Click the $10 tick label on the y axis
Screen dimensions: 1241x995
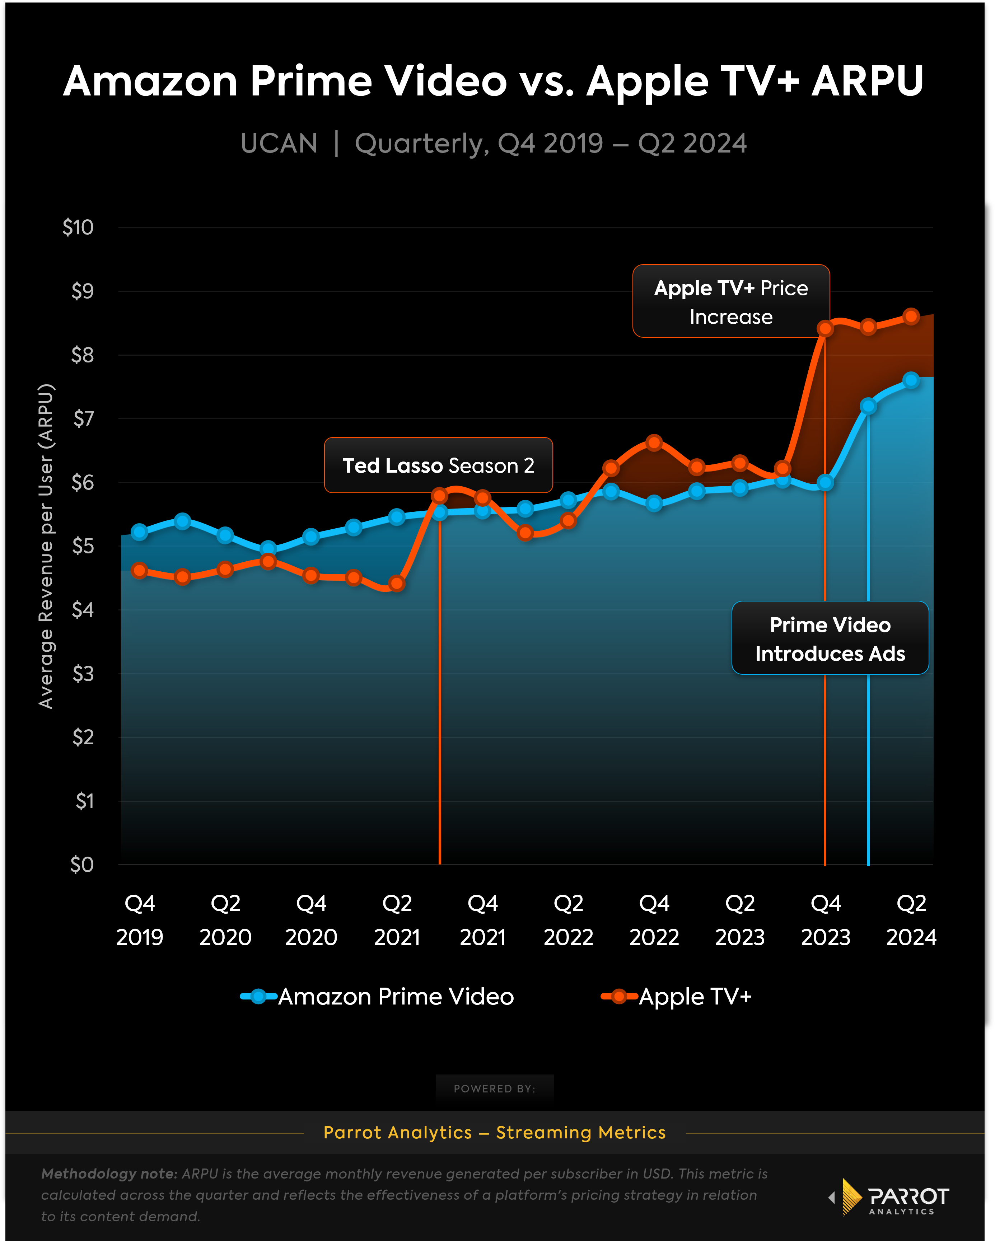pos(78,228)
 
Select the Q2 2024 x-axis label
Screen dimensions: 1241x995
pos(911,920)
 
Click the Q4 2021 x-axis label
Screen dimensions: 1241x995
pos(482,920)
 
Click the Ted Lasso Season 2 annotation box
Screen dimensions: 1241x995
pos(438,465)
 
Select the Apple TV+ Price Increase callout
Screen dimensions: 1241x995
pos(731,301)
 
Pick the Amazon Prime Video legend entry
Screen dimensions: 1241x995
pos(377,996)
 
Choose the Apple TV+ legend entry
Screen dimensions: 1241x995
pos(677,996)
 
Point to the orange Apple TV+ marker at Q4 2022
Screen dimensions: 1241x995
pos(654,442)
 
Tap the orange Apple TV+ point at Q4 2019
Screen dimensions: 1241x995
pos(139,570)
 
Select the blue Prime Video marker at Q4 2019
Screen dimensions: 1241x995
pos(139,532)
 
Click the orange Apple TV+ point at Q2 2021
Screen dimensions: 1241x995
pos(397,583)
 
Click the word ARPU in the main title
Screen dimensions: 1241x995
pos(867,81)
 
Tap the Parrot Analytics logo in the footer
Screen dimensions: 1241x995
pos(889,1197)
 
